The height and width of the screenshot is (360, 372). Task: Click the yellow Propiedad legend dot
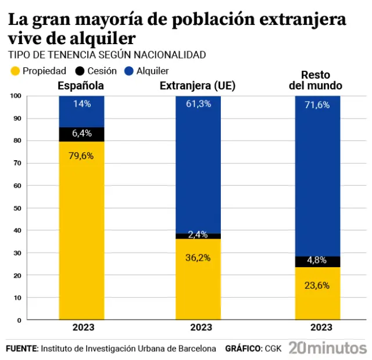coord(15,71)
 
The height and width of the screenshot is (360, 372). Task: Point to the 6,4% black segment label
coord(81,133)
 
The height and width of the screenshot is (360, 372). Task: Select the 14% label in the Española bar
coord(81,104)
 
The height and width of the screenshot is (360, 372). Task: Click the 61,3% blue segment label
coord(198,104)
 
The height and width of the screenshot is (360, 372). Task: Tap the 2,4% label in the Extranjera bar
coord(198,235)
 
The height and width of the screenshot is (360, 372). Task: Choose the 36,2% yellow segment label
coord(198,258)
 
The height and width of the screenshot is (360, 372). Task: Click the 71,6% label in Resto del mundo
coord(317,105)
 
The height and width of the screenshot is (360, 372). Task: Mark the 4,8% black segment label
coord(317,260)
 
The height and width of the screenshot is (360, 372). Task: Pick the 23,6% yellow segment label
coord(317,285)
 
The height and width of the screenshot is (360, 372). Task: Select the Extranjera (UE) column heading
coord(197,87)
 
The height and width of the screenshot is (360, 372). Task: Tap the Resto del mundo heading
coord(316,80)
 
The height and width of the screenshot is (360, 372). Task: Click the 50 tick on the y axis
coord(17,208)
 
